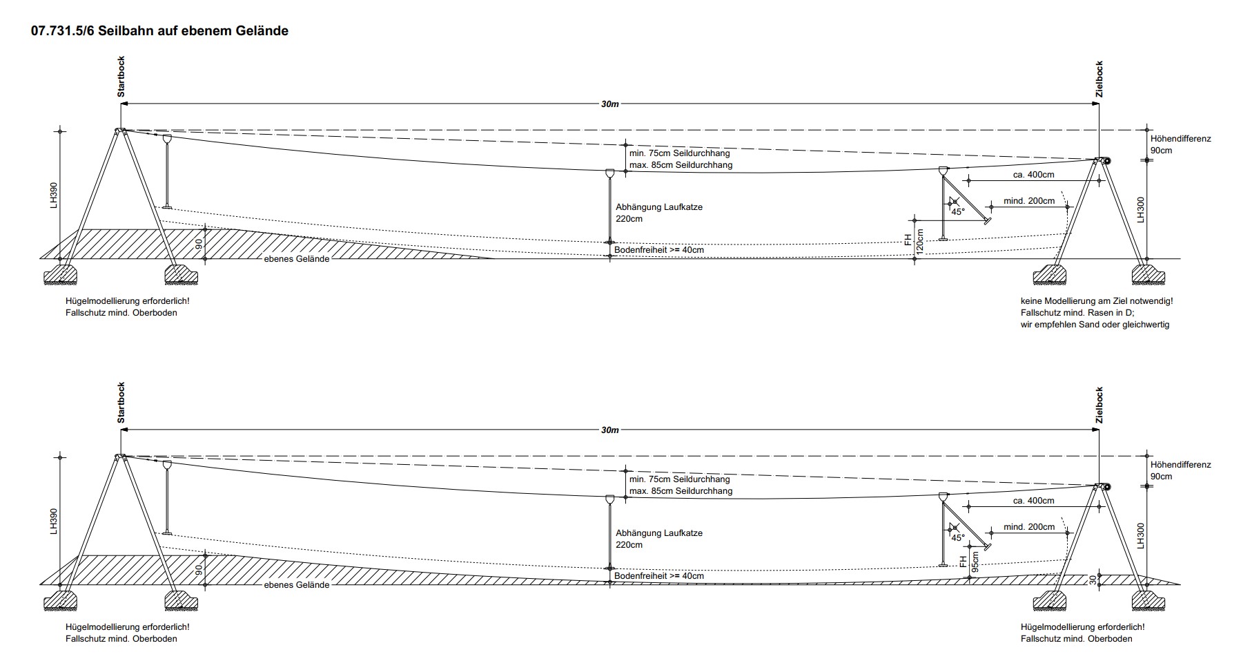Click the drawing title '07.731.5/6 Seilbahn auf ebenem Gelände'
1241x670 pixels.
pyautogui.click(x=159, y=31)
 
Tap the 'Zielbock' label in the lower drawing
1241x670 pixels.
pyautogui.click(x=1099, y=405)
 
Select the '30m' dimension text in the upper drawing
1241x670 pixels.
pyautogui.click(x=610, y=104)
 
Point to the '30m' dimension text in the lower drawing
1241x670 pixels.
pyautogui.click(x=610, y=430)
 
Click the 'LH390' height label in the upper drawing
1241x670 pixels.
pyautogui.click(x=55, y=195)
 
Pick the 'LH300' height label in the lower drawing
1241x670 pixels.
pyautogui.click(x=1141, y=535)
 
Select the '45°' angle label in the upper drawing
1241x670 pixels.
pyautogui.click(x=957, y=212)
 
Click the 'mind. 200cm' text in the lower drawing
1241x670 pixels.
pyautogui.click(x=1029, y=527)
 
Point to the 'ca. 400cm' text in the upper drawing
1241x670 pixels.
pyautogui.click(x=1033, y=175)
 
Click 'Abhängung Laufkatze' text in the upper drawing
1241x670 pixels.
pyautogui.click(x=659, y=207)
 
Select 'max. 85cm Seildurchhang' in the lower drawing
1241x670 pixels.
pyautogui.click(x=681, y=491)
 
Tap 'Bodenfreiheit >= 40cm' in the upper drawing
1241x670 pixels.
pyautogui.click(x=659, y=250)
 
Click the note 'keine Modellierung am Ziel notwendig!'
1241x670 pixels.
pyautogui.click(x=1097, y=301)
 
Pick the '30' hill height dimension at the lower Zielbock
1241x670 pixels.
pyautogui.click(x=1093, y=580)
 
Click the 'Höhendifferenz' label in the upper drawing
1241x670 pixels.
pyautogui.click(x=1181, y=139)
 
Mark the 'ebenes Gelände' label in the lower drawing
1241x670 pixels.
pyautogui.click(x=297, y=585)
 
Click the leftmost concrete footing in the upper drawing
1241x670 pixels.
pyautogui.click(x=60, y=276)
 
